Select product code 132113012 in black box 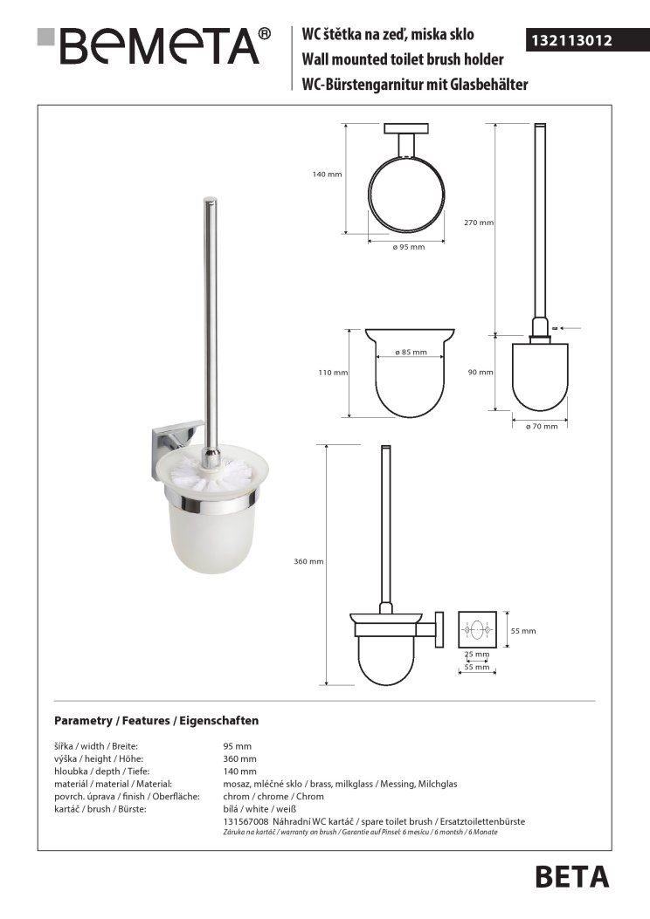(x=573, y=40)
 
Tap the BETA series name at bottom (x=571, y=875)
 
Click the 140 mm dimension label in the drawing (x=327, y=175)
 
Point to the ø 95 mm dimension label (x=408, y=248)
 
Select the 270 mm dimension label (x=479, y=223)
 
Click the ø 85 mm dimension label (x=411, y=353)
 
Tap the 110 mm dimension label (x=332, y=373)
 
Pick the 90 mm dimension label (x=481, y=373)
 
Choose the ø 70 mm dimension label (x=541, y=426)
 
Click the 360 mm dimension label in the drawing (x=309, y=562)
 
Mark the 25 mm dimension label (x=477, y=654)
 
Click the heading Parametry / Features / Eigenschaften (x=156, y=721)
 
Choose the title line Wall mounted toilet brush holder (x=402, y=59)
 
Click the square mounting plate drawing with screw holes (x=477, y=629)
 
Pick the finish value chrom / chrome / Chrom (x=273, y=796)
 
